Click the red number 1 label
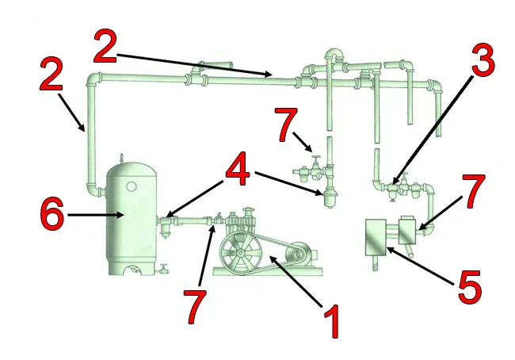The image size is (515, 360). click(332, 321)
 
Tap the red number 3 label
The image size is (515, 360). click(483, 61)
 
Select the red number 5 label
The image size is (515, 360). click(470, 287)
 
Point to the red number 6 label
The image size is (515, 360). click(51, 213)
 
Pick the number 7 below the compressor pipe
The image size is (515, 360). click(196, 307)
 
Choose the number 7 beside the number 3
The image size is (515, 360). click(473, 192)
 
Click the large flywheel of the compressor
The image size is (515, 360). click(240, 253)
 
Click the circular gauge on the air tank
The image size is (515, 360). click(131, 186)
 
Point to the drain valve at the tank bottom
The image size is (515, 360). click(163, 269)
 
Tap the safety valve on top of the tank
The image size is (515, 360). click(122, 158)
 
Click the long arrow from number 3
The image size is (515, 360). click(432, 129)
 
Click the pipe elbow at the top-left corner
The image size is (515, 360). click(94, 79)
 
